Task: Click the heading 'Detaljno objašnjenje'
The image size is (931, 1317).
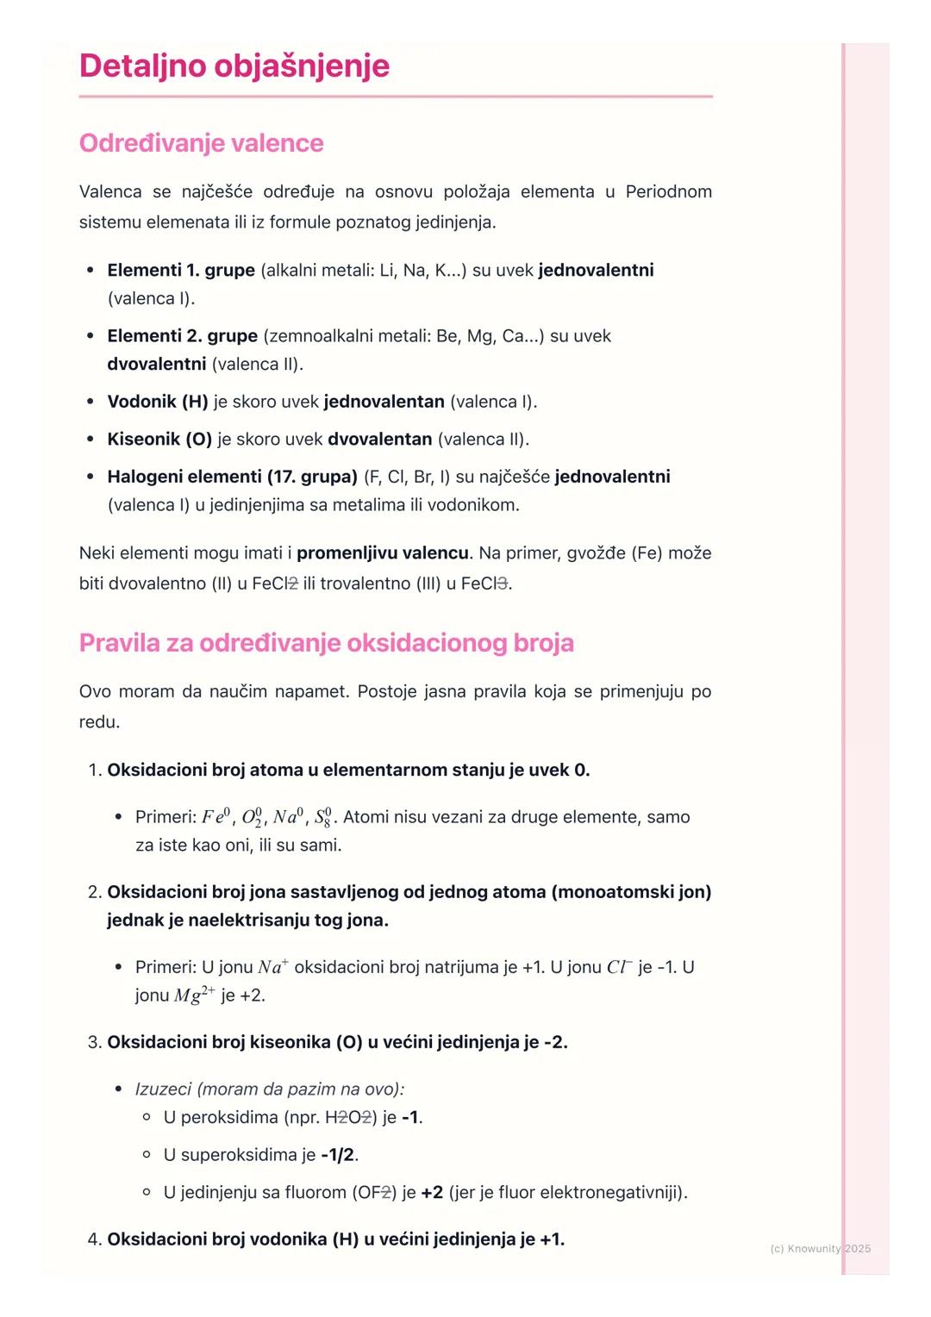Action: [x=234, y=66]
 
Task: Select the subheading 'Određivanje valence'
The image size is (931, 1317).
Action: [x=201, y=143]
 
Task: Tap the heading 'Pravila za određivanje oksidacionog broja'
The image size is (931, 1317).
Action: [x=326, y=643]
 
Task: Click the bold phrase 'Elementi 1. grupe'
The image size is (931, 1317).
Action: [x=181, y=271]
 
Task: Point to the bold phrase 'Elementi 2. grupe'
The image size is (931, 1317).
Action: [x=182, y=336]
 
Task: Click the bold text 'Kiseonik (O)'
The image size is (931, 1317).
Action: [x=159, y=440]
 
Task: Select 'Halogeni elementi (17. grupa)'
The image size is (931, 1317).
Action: [x=232, y=477]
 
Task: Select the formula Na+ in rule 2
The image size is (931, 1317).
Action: [x=273, y=967]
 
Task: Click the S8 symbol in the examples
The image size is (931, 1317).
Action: [x=322, y=817]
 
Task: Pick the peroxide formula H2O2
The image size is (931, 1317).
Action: [x=350, y=1118]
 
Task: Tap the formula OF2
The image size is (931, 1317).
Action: [x=372, y=1193]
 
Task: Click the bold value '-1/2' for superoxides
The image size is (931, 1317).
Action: [x=338, y=1155]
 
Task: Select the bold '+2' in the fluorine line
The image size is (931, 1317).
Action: [x=432, y=1193]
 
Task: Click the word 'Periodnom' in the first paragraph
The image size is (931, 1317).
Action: [x=668, y=191]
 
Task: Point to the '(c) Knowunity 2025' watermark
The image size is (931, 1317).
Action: [x=820, y=1249]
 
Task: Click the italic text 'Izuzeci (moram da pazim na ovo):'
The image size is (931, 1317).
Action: [x=270, y=1089]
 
